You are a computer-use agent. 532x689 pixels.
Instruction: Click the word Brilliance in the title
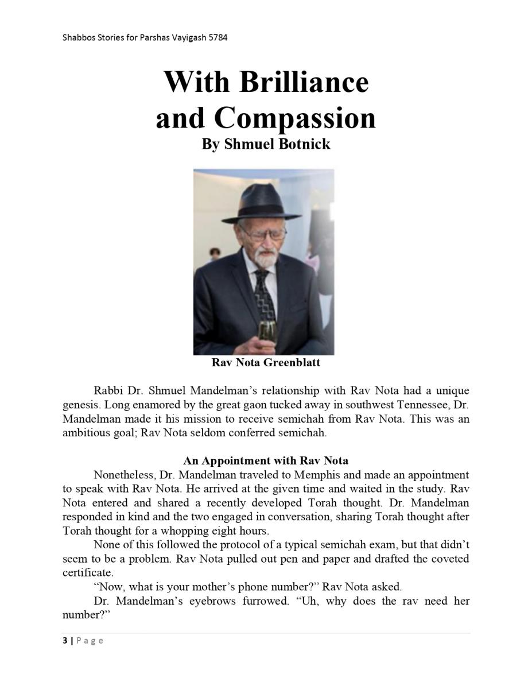(304, 82)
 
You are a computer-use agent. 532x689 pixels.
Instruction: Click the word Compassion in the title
(295, 118)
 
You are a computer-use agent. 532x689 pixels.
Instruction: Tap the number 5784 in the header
(218, 38)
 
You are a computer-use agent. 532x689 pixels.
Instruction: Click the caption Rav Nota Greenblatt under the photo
(266, 363)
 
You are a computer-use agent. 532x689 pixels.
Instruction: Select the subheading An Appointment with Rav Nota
(266, 460)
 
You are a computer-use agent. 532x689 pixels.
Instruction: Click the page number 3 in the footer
(65, 640)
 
